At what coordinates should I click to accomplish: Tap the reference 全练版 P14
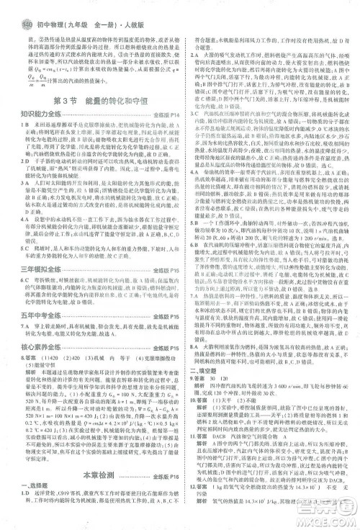[164, 114]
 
